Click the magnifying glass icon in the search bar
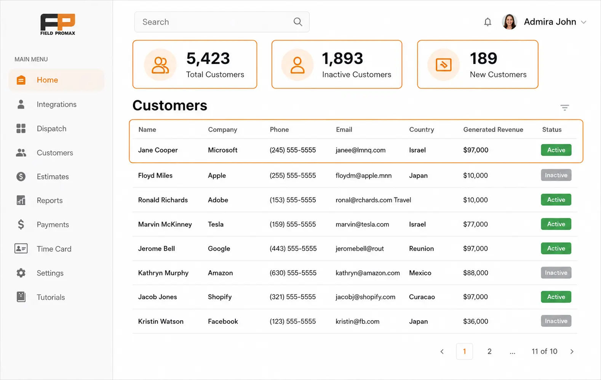(298, 22)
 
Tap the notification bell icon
(488, 22)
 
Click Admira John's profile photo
(509, 22)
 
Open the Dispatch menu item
(51, 129)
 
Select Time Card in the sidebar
(54, 249)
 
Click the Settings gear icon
(21, 273)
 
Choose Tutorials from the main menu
(51, 297)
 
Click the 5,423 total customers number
(208, 59)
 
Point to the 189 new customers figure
(483, 58)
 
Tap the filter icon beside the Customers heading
(564, 108)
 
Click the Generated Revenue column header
(493, 130)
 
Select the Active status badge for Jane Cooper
(556, 150)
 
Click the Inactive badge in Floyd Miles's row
(556, 175)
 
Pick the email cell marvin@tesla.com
(362, 224)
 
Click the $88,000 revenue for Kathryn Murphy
(475, 273)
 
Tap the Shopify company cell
(220, 297)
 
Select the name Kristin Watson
(161, 321)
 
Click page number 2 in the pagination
(489, 351)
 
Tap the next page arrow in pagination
(572, 351)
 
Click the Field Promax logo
(58, 24)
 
